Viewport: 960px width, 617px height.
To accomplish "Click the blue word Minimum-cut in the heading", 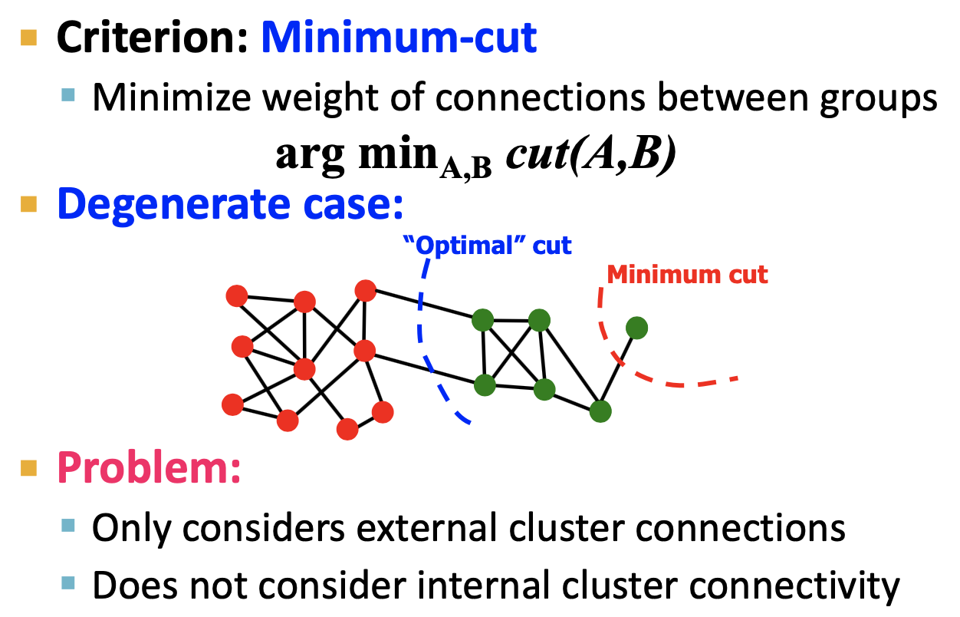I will click(x=399, y=38).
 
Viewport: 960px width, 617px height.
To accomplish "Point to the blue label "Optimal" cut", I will click(x=488, y=246).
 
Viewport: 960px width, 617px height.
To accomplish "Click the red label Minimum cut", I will click(x=687, y=274).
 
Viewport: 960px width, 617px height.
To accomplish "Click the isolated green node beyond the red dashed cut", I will click(x=636, y=328).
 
